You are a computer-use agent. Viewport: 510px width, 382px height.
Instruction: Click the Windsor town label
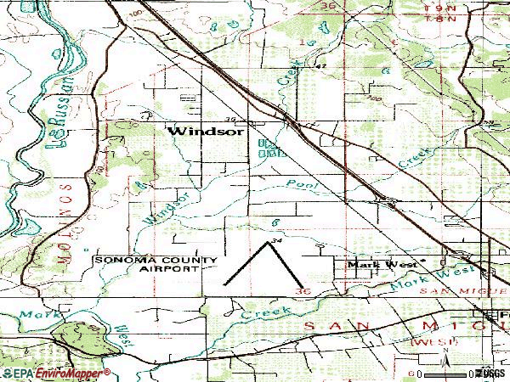coord(207,132)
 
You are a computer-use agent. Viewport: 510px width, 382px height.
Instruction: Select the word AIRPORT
coord(170,268)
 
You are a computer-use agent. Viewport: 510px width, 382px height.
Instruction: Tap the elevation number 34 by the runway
coord(274,243)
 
